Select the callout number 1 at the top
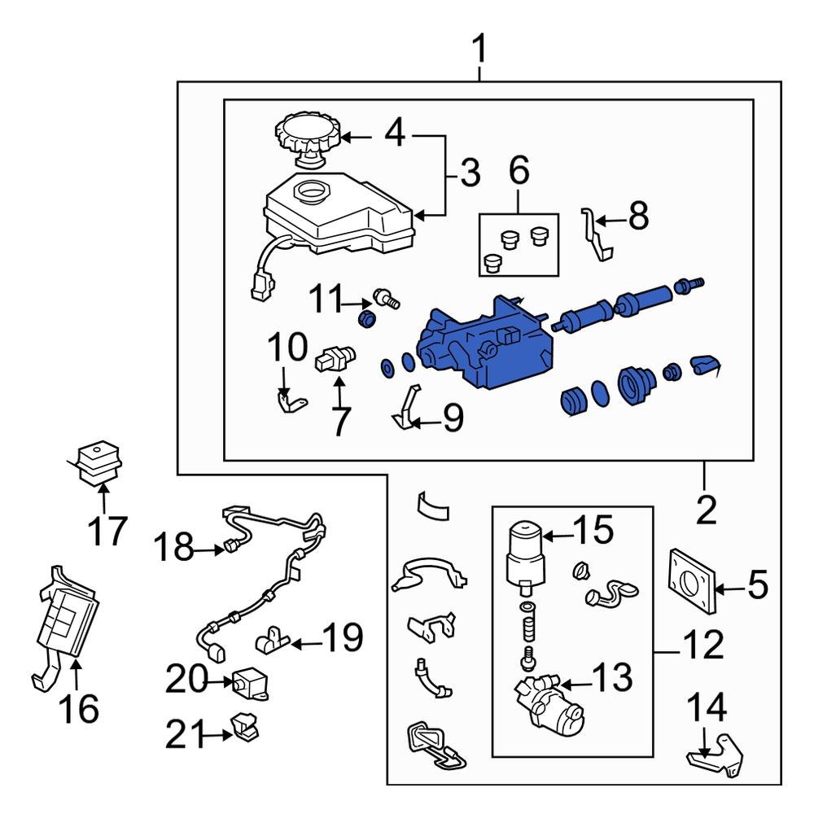pos(480,50)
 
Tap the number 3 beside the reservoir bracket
pos(469,173)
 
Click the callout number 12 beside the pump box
pos(701,646)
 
